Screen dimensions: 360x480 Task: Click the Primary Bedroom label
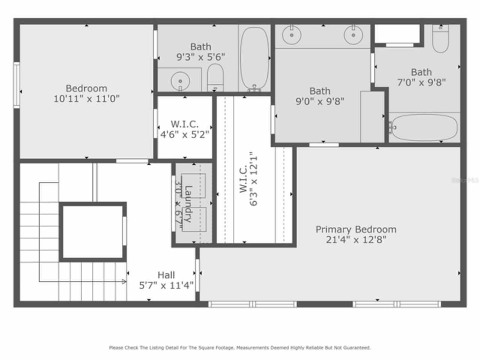click(x=355, y=229)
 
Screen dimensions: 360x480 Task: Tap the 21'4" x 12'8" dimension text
click(x=355, y=240)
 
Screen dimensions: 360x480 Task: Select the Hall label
click(x=166, y=275)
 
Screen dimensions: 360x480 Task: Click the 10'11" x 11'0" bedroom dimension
click(x=87, y=99)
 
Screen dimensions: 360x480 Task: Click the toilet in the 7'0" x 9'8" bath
click(x=440, y=39)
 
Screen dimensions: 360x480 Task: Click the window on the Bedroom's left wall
click(x=16, y=85)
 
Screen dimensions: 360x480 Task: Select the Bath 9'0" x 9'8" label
click(x=320, y=96)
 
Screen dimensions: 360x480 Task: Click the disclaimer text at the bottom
click(x=240, y=348)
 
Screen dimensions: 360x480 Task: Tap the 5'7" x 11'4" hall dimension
click(x=166, y=286)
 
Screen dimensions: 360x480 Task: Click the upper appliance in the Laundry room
click(x=193, y=186)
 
